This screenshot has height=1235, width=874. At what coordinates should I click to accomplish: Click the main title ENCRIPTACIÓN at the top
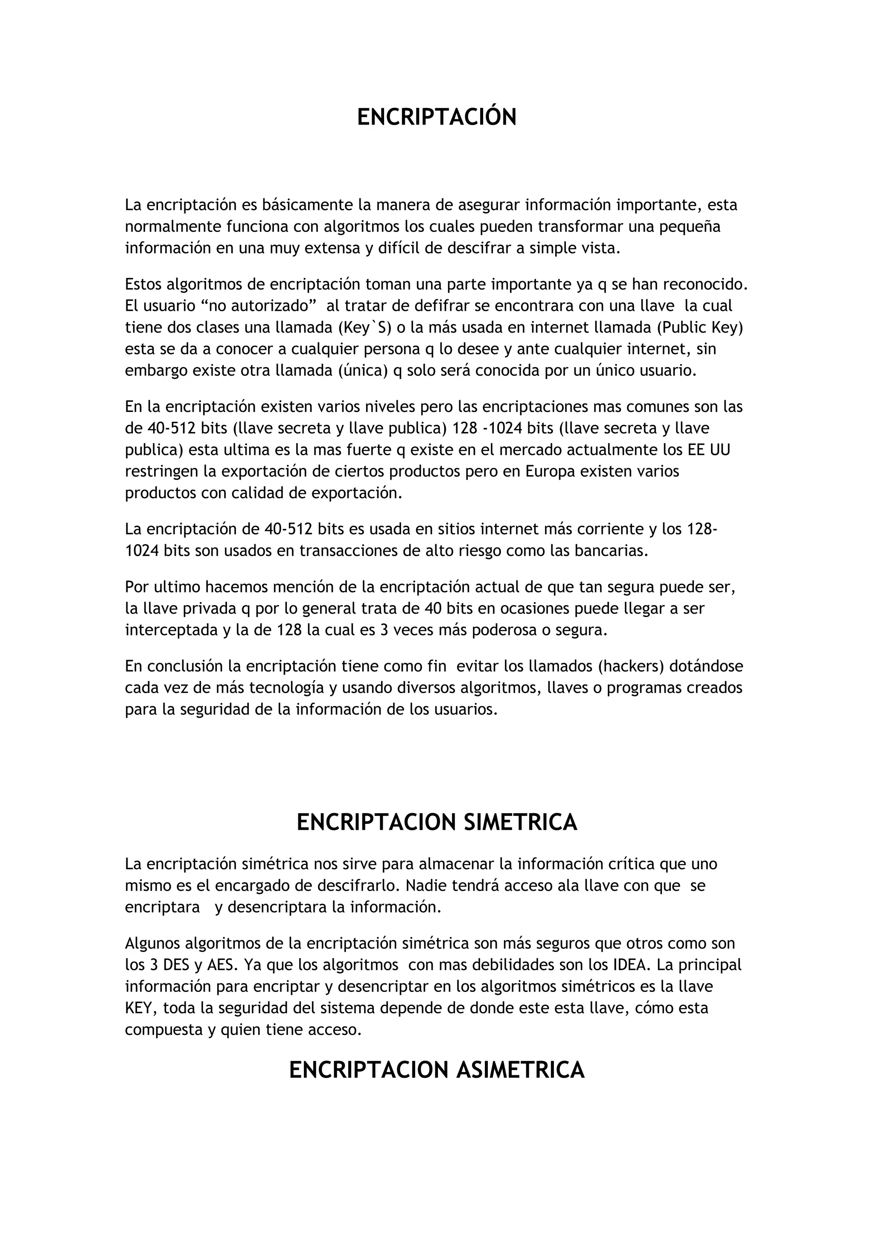click(x=437, y=117)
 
